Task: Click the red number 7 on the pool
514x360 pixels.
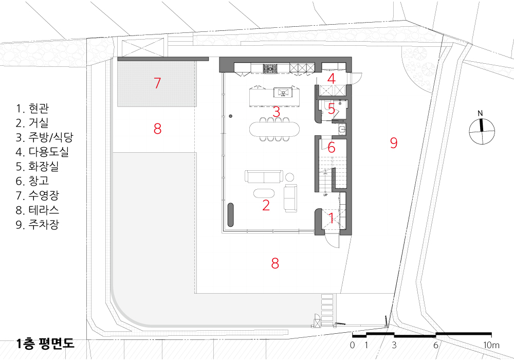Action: coord(157,83)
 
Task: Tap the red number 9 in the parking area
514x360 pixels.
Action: coord(394,142)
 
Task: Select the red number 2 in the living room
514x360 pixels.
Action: coord(266,205)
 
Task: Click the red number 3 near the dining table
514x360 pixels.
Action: coord(277,112)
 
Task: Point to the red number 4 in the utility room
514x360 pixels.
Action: coord(332,79)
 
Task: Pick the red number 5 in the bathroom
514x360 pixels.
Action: coord(332,109)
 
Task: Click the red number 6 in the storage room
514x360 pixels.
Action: coord(332,148)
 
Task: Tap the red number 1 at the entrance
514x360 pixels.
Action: coord(331,219)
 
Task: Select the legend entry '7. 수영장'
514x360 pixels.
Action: coord(38,195)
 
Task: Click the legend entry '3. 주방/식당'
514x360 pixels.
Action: coord(44,137)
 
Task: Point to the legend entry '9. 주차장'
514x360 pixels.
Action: coord(38,225)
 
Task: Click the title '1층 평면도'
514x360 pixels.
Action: coord(45,343)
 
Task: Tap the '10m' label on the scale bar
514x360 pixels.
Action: coord(491,345)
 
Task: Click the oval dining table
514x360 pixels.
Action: coord(274,129)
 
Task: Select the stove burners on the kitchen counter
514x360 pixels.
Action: coord(271,69)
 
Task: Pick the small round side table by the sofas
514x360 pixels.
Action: coord(290,177)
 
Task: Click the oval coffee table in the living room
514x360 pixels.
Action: coord(264,193)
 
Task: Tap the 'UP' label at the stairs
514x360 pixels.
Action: coord(325,195)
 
